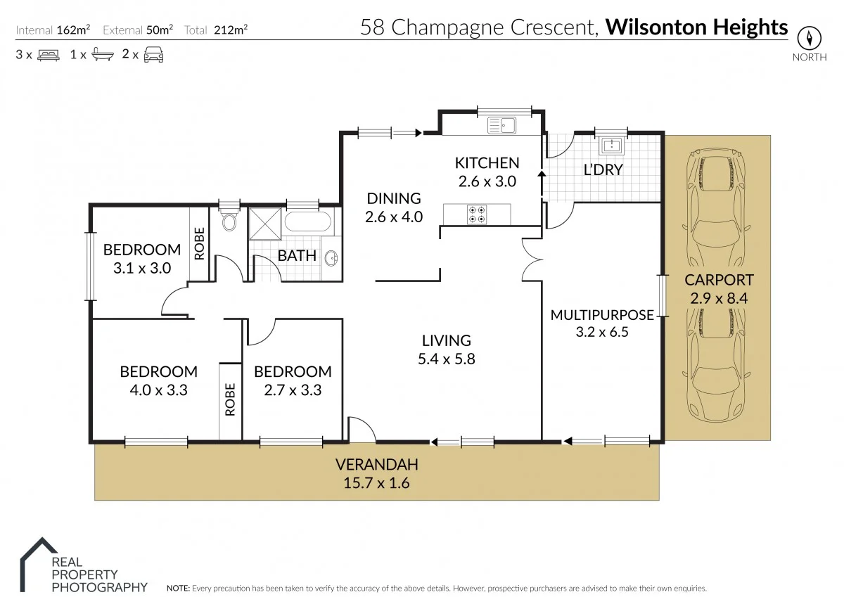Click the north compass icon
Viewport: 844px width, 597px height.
click(x=809, y=37)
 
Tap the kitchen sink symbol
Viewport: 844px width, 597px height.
click(x=502, y=125)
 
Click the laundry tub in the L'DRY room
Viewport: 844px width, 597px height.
click(x=610, y=146)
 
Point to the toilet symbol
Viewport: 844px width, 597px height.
click(x=229, y=222)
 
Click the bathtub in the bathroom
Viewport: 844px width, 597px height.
click(x=308, y=224)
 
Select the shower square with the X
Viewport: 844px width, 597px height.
click(x=265, y=224)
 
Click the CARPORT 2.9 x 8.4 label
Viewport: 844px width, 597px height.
click(x=719, y=288)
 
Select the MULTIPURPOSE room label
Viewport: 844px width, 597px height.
click(x=601, y=315)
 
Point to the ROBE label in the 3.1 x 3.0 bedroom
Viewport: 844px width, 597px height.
click(x=199, y=243)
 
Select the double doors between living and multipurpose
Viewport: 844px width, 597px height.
click(x=529, y=260)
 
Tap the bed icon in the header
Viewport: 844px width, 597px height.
click(x=48, y=54)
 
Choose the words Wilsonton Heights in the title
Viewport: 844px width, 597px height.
click(x=696, y=27)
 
